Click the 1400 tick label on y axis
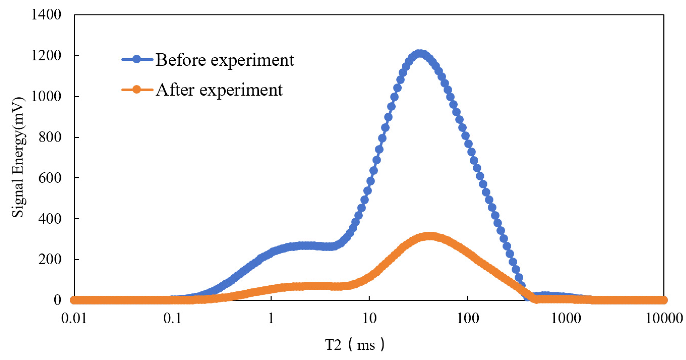pos(46,15)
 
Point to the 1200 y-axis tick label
pos(46,56)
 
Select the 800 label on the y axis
pos(50,137)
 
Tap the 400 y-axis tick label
pos(50,219)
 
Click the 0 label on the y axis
pos(57,300)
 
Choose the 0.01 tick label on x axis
pos(74,318)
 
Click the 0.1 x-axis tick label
pos(172,318)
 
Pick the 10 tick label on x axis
pos(369,318)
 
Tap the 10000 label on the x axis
pos(664,318)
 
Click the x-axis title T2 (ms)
pos(354,345)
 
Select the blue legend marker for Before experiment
pos(137,59)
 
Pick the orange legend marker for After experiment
pos(137,89)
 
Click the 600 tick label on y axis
pos(50,178)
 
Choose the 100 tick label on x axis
pos(468,318)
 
